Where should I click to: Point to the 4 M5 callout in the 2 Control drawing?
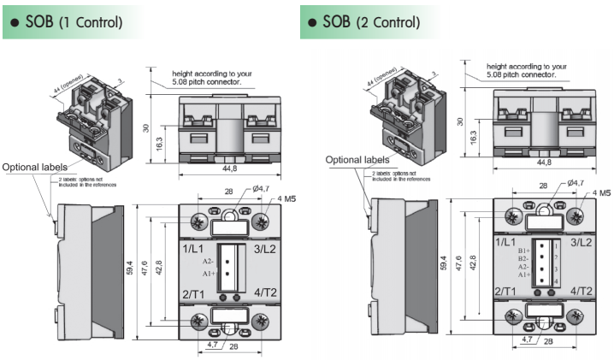599,194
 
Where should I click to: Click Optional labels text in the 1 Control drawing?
32,167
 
